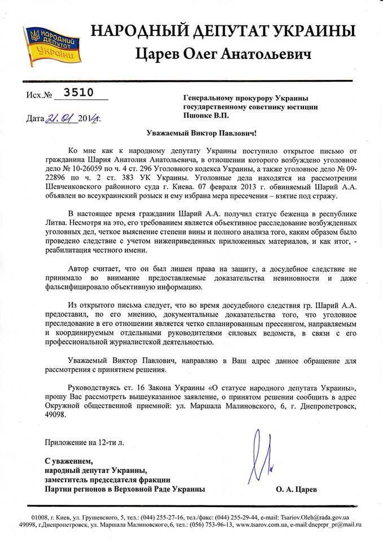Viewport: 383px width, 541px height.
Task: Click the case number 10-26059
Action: tap(100, 168)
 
